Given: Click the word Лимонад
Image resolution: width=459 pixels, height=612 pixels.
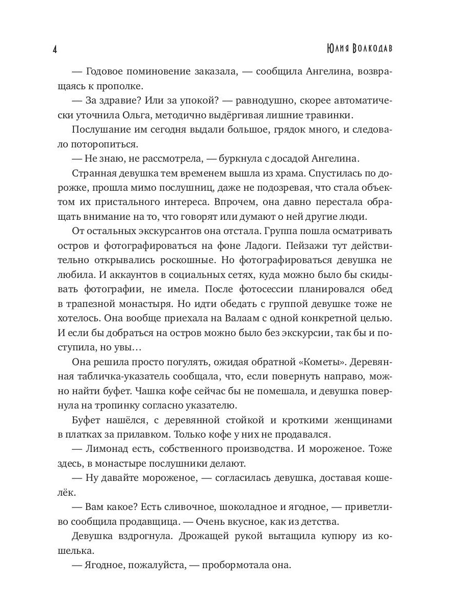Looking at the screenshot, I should coord(110,448).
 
